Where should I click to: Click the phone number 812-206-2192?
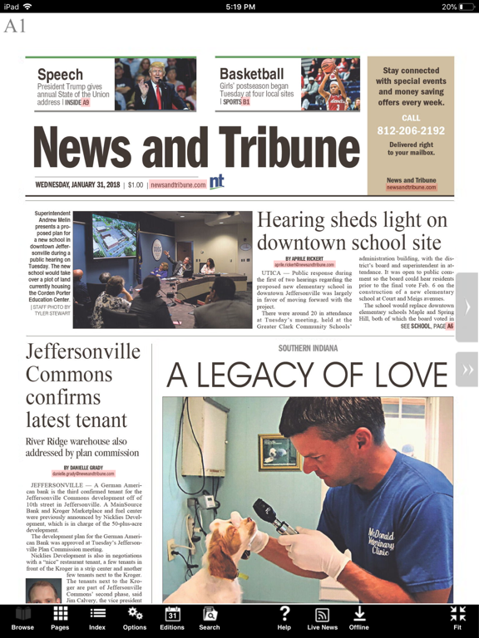pyautogui.click(x=411, y=130)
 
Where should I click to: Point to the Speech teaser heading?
pyautogui.click(x=61, y=75)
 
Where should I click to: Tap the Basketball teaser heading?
pyautogui.click(x=252, y=74)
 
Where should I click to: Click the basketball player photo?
pyautogui.click(x=330, y=84)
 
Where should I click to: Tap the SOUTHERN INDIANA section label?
pyautogui.click(x=309, y=348)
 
